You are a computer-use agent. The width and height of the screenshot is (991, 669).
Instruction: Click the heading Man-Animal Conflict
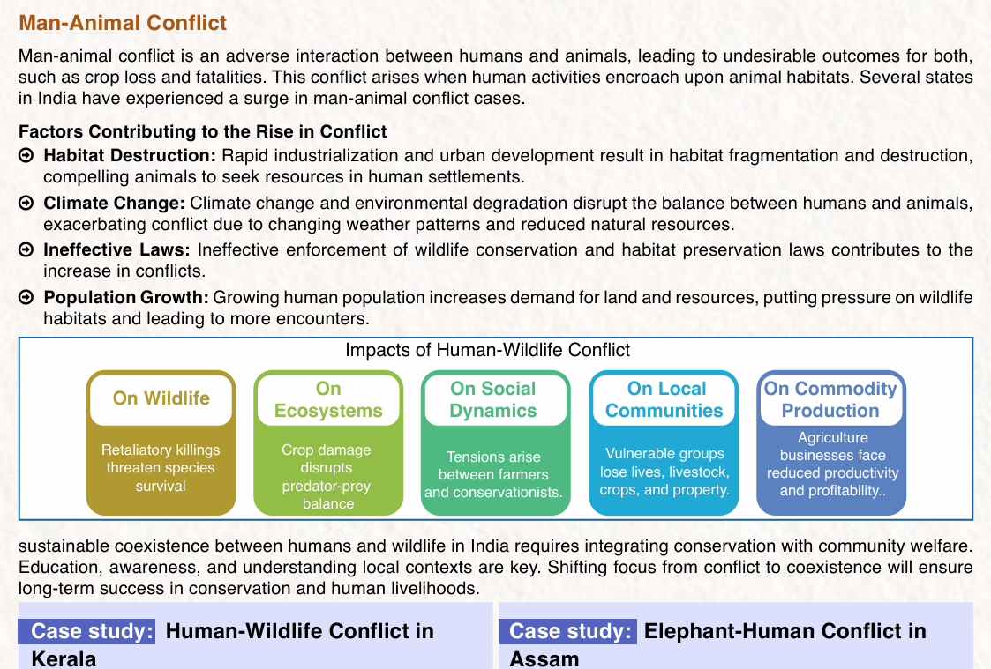pos(123,23)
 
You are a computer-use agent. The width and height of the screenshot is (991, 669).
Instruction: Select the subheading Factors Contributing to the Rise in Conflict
pos(202,131)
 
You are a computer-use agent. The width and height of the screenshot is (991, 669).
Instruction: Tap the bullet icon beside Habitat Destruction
pos(26,155)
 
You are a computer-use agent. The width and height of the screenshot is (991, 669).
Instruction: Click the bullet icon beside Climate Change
pos(26,203)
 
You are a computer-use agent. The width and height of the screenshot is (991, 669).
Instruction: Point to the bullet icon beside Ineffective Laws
pos(26,250)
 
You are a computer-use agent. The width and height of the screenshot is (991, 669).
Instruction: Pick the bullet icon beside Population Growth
pos(26,297)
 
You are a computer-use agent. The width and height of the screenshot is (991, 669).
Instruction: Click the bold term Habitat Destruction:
pos(130,155)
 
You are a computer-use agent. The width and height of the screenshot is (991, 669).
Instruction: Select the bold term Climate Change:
pos(115,204)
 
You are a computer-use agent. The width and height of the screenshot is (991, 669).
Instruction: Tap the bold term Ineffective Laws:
pos(116,250)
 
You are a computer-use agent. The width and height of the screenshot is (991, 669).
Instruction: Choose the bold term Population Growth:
pos(126,297)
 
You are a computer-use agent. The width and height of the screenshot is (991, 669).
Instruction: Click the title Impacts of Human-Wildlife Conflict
pos(487,350)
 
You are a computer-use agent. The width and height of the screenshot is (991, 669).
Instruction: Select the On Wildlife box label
pos(161,398)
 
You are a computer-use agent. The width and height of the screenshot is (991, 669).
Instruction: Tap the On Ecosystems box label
pos(328,399)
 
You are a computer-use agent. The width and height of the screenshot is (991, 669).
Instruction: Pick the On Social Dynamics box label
pos(493,399)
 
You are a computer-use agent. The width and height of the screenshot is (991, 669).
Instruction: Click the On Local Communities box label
pos(664,399)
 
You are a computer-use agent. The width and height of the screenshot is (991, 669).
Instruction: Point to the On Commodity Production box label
pos(830,399)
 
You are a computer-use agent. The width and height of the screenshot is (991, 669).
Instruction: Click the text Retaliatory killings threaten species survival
pos(161,468)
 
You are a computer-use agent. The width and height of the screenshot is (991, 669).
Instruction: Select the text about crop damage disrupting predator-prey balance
pos(327,477)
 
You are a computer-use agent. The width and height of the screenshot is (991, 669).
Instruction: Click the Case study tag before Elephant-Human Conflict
pos(567,631)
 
